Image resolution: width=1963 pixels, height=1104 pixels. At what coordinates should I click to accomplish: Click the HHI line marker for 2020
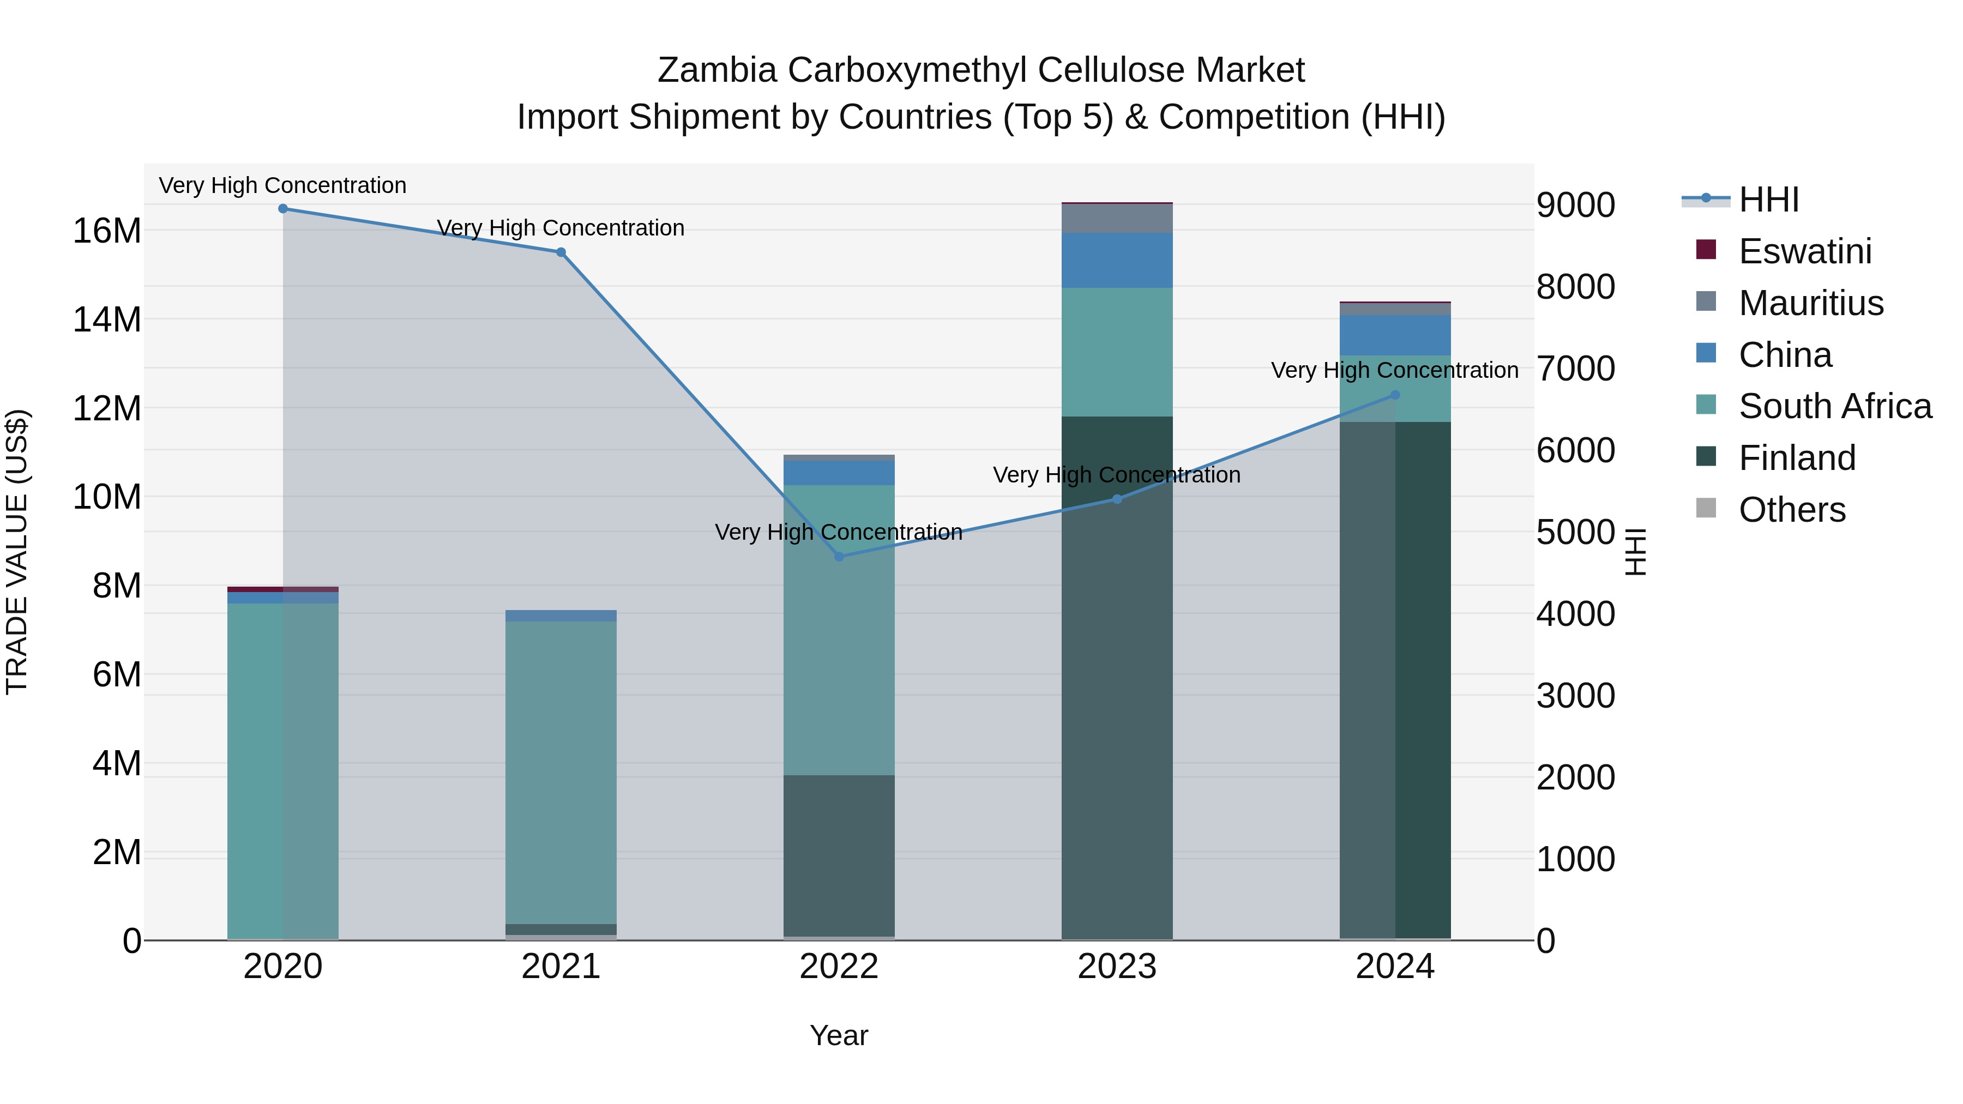coord(282,209)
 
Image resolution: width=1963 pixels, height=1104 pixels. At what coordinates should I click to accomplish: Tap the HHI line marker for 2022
coord(839,557)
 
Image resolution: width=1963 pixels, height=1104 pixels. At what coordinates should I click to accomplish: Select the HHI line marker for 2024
coord(1395,395)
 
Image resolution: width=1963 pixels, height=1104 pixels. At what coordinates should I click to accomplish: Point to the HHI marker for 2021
coord(561,252)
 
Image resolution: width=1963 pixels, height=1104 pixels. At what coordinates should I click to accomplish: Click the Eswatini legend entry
coord(1804,251)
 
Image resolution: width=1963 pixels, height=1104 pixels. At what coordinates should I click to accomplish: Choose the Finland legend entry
coord(1797,458)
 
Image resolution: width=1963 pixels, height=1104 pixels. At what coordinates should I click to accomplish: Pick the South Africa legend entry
coord(1835,406)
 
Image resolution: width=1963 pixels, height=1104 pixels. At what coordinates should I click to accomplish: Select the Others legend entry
coord(1792,510)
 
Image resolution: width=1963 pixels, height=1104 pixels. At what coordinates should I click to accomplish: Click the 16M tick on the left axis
coord(107,231)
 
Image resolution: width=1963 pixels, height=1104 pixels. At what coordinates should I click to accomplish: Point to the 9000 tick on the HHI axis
coord(1575,205)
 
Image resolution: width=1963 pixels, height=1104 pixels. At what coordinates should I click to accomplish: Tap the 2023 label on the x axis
coord(1117,967)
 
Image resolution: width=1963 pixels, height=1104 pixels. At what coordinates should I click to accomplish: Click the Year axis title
coord(839,1035)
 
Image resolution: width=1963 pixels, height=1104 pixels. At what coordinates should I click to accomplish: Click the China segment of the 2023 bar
coord(1117,261)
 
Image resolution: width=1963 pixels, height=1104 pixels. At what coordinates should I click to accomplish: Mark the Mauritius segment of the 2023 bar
coord(1117,219)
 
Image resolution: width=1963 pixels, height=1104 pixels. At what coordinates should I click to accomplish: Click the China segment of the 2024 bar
coord(1395,335)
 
